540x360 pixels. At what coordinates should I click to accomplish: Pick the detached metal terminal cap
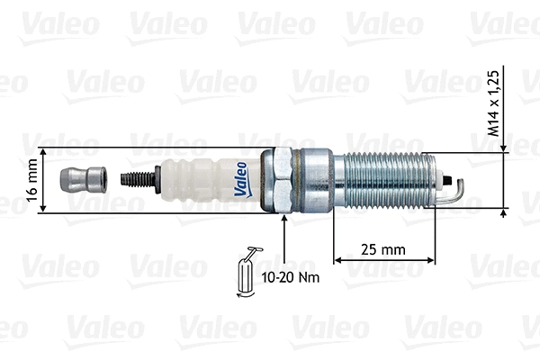(82, 180)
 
